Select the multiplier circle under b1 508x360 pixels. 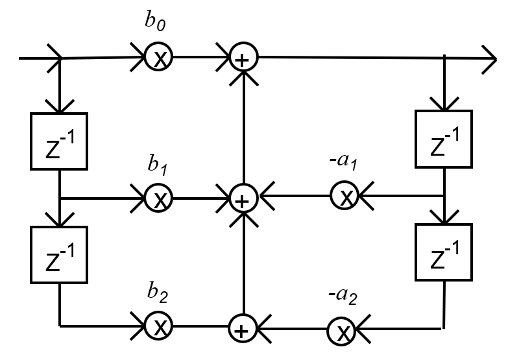tap(157, 198)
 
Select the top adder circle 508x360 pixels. tap(243, 58)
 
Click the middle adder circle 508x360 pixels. tap(242, 197)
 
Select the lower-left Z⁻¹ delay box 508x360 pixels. tap(60, 254)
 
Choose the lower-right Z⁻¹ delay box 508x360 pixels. tap(444, 251)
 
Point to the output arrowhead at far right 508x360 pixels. tap(489, 58)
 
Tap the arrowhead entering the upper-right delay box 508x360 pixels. tap(444, 104)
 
